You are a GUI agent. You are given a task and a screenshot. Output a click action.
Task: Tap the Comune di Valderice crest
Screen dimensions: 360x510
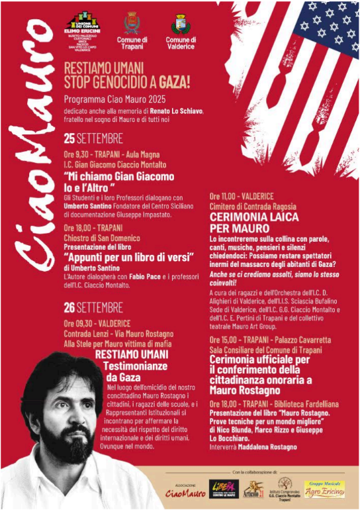point(180,25)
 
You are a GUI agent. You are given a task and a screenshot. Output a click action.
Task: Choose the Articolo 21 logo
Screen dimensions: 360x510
point(253,489)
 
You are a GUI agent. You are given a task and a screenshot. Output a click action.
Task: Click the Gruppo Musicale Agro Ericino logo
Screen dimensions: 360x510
point(324,489)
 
